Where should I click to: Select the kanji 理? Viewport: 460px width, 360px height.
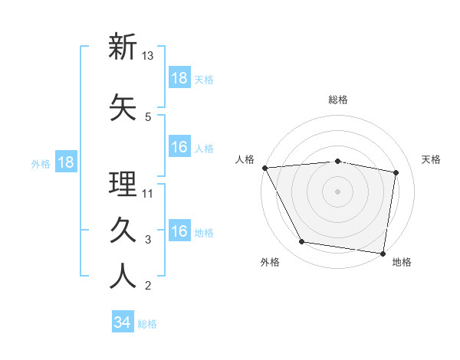(123, 184)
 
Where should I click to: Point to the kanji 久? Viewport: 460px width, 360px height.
(123, 231)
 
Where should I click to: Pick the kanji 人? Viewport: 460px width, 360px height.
(123, 277)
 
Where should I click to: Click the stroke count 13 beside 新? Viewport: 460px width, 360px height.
(148, 56)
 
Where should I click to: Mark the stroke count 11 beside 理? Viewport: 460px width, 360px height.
(148, 193)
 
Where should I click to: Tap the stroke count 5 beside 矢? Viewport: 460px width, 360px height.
(148, 116)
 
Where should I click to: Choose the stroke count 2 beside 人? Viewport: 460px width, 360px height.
(148, 286)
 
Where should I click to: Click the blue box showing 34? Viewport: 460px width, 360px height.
(123, 322)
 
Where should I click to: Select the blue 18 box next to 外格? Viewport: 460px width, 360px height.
(65, 162)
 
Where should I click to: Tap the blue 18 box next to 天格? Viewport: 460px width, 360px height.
(179, 77)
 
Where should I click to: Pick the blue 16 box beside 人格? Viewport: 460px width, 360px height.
(179, 147)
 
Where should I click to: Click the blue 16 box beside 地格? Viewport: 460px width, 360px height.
(179, 231)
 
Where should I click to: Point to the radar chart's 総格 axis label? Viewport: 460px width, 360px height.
(337, 100)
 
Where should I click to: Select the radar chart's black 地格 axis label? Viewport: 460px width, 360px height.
(402, 262)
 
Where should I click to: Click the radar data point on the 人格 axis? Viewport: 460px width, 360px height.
(264, 167)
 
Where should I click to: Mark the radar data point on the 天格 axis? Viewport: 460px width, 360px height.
(396, 172)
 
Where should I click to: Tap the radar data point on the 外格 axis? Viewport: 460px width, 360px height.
(301, 242)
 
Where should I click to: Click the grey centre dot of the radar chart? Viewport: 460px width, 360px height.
(337, 191)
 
